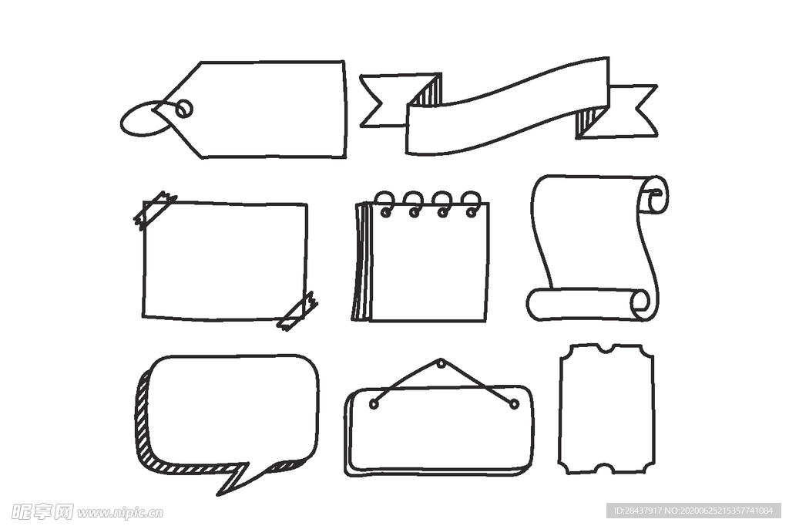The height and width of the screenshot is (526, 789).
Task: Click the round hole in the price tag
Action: coord(185,108)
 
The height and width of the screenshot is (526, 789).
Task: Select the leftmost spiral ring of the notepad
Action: coord(385,204)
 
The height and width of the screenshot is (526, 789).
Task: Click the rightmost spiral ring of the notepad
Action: coord(472,204)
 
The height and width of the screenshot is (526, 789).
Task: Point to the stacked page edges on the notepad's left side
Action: coord(362,262)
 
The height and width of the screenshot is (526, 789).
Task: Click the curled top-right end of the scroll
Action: coord(654,194)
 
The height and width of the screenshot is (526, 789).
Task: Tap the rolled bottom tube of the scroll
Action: coord(589,305)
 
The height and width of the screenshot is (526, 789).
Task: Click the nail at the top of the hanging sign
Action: coord(442,362)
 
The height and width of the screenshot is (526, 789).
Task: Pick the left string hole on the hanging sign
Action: coord(374,403)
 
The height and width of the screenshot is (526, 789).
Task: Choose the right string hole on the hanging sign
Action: coord(514,403)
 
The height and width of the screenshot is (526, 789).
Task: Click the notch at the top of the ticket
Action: coord(606,349)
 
